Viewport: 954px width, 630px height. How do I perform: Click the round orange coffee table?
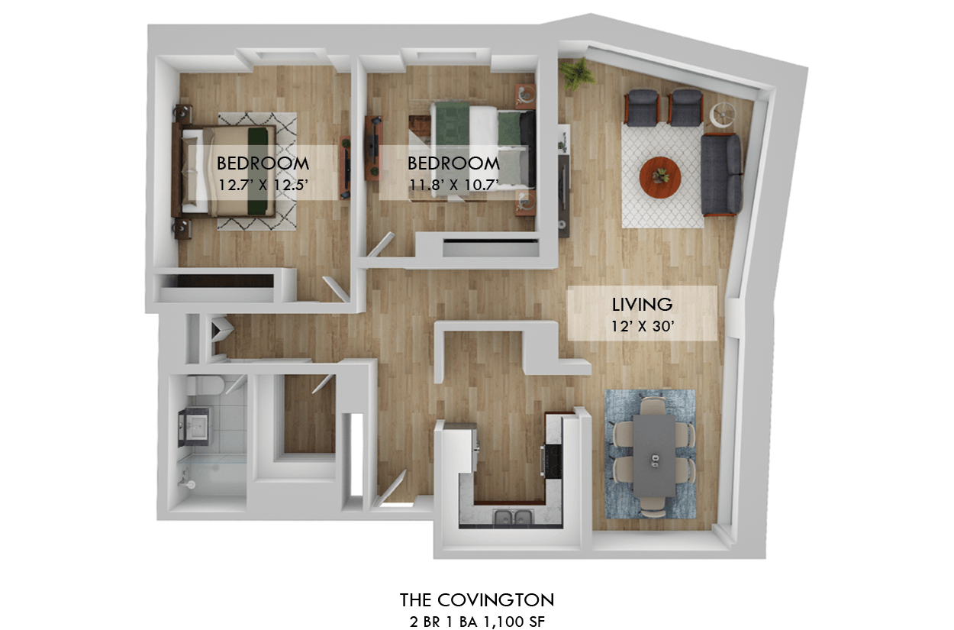pyautogui.click(x=659, y=177)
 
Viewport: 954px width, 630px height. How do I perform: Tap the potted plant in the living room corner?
pyautogui.click(x=577, y=74)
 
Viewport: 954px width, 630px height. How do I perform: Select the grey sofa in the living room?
pyautogui.click(x=721, y=174)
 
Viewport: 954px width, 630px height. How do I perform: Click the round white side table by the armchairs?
pyautogui.click(x=722, y=115)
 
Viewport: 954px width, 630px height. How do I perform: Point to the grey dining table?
pyautogui.click(x=654, y=456)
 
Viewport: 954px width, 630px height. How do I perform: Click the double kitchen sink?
pyautogui.click(x=513, y=517)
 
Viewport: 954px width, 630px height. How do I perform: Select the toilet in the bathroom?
pyautogui.click(x=205, y=385)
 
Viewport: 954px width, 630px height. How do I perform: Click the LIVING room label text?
pyautogui.click(x=642, y=305)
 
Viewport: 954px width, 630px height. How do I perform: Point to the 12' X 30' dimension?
pyautogui.click(x=643, y=327)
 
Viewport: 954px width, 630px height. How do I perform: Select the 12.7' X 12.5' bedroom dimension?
pyautogui.click(x=263, y=185)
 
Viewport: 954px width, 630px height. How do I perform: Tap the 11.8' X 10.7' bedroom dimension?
pyautogui.click(x=453, y=185)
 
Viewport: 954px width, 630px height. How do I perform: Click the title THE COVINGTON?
pyautogui.click(x=477, y=599)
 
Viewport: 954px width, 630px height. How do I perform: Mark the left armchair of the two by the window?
pyautogui.click(x=643, y=107)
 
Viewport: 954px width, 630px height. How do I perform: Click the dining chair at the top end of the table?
pyautogui.click(x=653, y=405)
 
